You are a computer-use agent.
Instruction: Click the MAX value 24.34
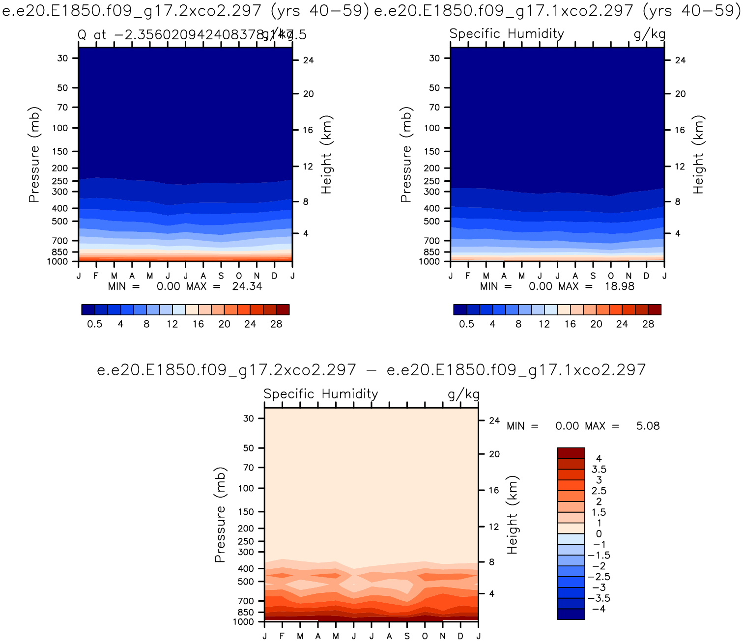click(x=247, y=286)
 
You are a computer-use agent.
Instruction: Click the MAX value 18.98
click(x=619, y=286)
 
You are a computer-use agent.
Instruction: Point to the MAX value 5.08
click(x=648, y=426)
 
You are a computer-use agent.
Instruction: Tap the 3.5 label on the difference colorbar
click(x=599, y=469)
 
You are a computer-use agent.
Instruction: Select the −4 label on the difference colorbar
click(x=599, y=609)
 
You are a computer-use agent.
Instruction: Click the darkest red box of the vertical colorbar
click(x=571, y=453)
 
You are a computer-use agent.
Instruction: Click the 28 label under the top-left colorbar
click(x=276, y=324)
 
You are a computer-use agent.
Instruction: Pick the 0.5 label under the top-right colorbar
click(x=466, y=324)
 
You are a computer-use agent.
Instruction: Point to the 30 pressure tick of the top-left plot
click(x=62, y=58)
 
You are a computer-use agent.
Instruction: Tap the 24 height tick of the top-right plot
click(x=680, y=60)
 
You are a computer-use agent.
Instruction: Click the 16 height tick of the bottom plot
click(x=494, y=490)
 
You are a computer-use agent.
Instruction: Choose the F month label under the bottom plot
click(x=282, y=636)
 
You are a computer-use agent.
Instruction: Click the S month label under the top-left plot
click(x=221, y=276)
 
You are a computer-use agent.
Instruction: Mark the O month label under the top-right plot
click(x=611, y=276)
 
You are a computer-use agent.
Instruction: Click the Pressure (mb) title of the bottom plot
click(x=220, y=515)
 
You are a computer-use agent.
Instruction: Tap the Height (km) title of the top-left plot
click(x=327, y=154)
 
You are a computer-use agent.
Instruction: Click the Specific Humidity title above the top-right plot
click(x=507, y=34)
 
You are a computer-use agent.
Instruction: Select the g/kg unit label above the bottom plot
click(x=463, y=394)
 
